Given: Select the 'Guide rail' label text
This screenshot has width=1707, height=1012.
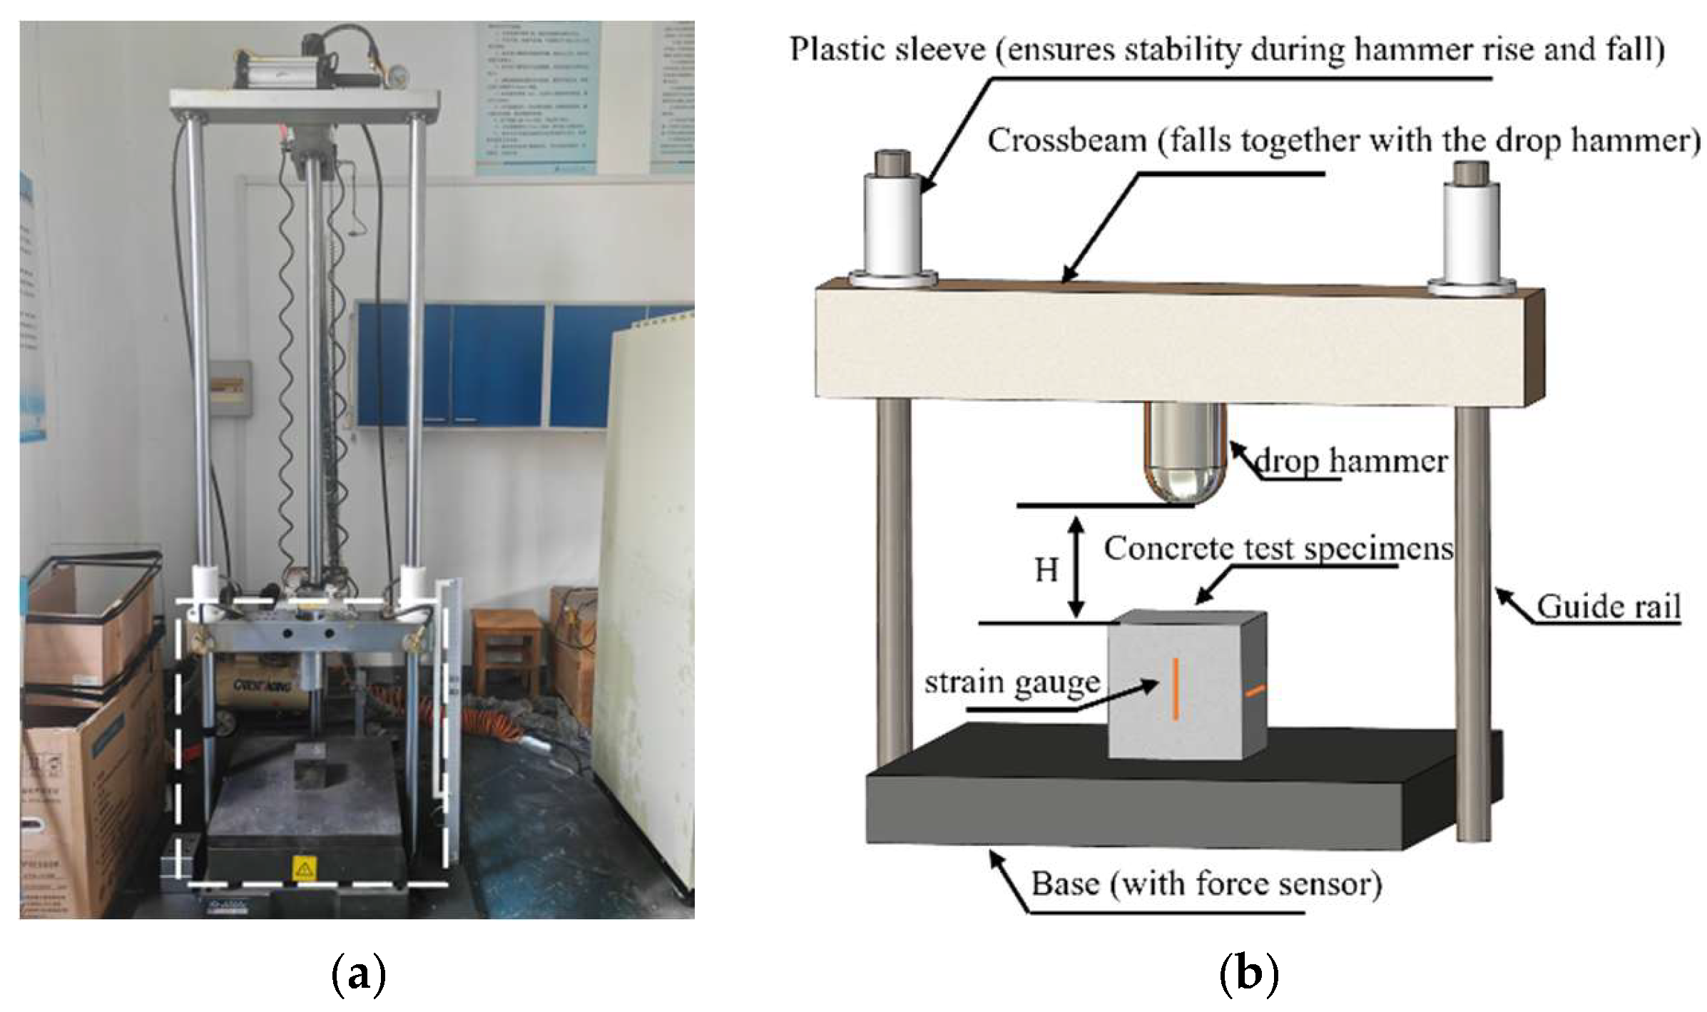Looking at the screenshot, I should tap(1609, 608).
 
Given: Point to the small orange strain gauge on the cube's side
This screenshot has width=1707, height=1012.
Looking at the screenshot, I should tap(1255, 690).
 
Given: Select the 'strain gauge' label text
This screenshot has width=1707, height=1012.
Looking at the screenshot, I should tap(1012, 683).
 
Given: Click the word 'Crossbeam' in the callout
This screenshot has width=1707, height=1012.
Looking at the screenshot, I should tap(1066, 140).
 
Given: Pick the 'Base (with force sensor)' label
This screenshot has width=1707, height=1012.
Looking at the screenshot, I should tap(1206, 884).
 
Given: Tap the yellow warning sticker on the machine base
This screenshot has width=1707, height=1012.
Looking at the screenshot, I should tap(305, 869).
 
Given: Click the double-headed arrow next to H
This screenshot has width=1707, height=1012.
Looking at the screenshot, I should tap(1076, 568).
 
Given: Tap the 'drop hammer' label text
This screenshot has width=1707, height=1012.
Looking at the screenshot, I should tap(1350, 461).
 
